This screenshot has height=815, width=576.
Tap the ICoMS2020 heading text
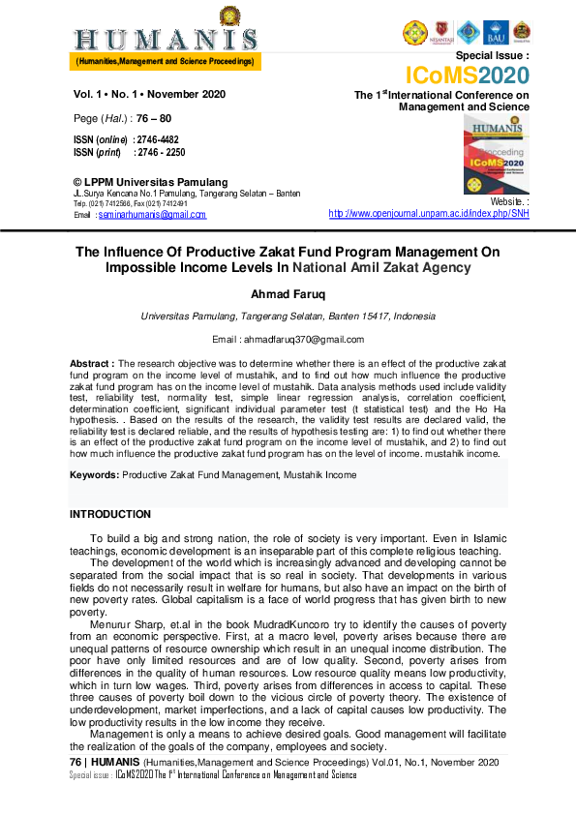[x=467, y=76]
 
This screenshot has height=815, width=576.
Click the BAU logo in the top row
[x=496, y=33]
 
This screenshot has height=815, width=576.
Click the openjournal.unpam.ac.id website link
[x=429, y=213]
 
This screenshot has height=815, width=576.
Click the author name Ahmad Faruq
[x=288, y=293]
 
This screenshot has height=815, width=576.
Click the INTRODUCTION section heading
[x=110, y=514]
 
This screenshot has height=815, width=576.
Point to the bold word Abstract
[x=92, y=361]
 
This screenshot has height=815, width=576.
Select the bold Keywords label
[x=95, y=475]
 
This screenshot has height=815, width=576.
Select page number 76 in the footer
[x=76, y=764]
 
